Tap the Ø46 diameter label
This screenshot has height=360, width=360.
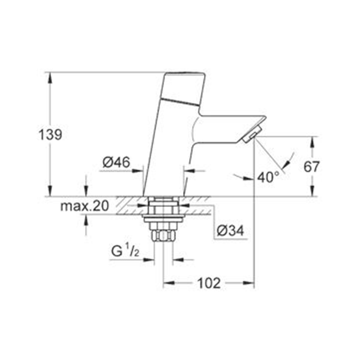116,161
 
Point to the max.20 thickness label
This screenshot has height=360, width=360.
85,206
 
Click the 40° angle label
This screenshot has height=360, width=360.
268,178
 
